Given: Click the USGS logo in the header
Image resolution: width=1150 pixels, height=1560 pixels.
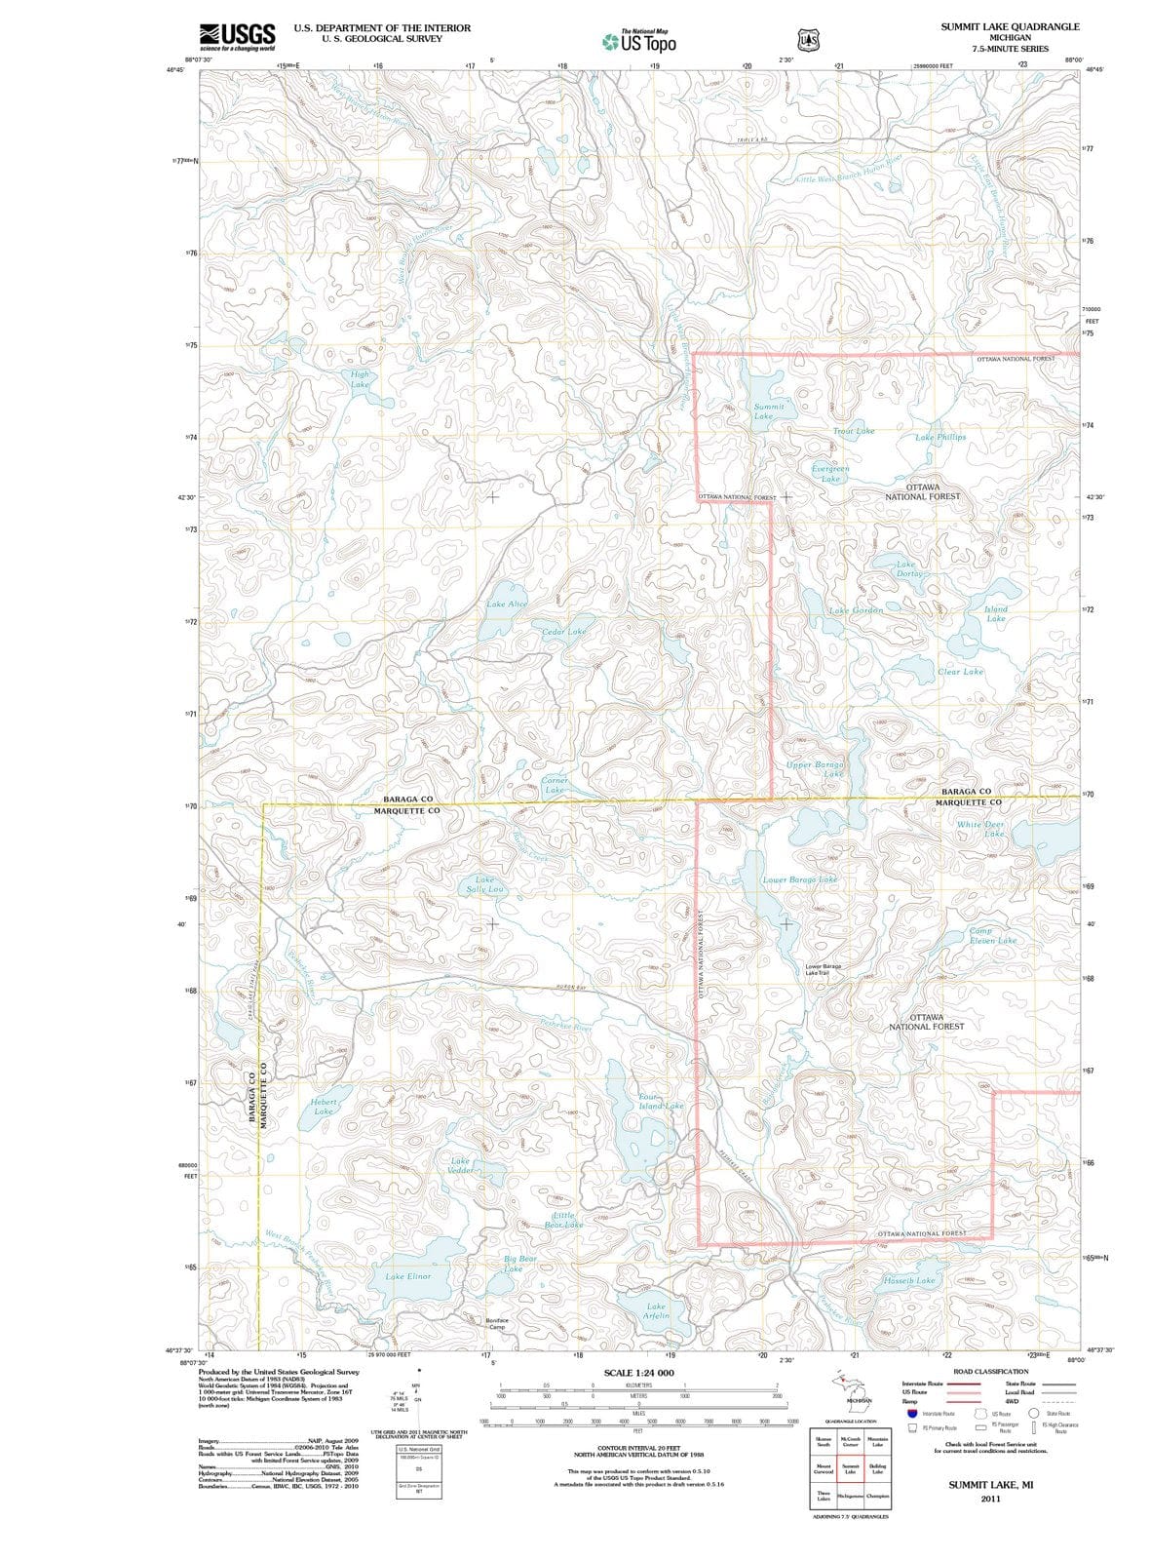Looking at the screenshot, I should tap(236, 36).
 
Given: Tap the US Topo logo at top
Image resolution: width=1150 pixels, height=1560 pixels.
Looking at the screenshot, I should tap(639, 42).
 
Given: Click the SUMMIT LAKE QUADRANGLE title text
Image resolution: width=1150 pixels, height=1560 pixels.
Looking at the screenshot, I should tap(1010, 26).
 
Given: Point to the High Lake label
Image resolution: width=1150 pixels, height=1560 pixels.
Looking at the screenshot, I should tap(360, 379).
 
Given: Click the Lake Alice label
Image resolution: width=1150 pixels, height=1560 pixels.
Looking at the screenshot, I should tap(507, 604).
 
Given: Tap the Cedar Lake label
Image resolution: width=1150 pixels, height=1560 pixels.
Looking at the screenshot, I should tap(564, 632).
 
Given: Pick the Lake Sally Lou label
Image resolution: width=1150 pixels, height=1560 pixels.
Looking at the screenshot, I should tap(484, 884).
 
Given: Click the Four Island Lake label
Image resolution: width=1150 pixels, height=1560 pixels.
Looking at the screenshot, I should tap(660, 1102).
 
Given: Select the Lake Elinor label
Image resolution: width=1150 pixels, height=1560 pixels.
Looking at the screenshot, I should tap(407, 1276).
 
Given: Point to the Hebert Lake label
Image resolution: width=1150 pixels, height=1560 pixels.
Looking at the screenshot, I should tap(324, 1107).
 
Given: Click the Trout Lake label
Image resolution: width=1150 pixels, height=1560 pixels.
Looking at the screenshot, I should tap(854, 430).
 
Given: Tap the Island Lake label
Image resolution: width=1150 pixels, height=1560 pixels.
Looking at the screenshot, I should tap(995, 613).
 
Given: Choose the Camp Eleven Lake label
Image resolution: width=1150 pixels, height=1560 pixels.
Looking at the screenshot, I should tap(992, 936).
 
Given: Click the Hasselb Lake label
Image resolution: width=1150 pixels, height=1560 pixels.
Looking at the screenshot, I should tap(908, 1280).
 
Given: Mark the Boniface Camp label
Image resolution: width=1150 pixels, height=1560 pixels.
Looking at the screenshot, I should tap(496, 1324).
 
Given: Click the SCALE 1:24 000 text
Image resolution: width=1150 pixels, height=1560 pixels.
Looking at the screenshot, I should tap(638, 1373).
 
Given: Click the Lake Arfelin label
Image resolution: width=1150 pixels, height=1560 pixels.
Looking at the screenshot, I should tap(656, 1311).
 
